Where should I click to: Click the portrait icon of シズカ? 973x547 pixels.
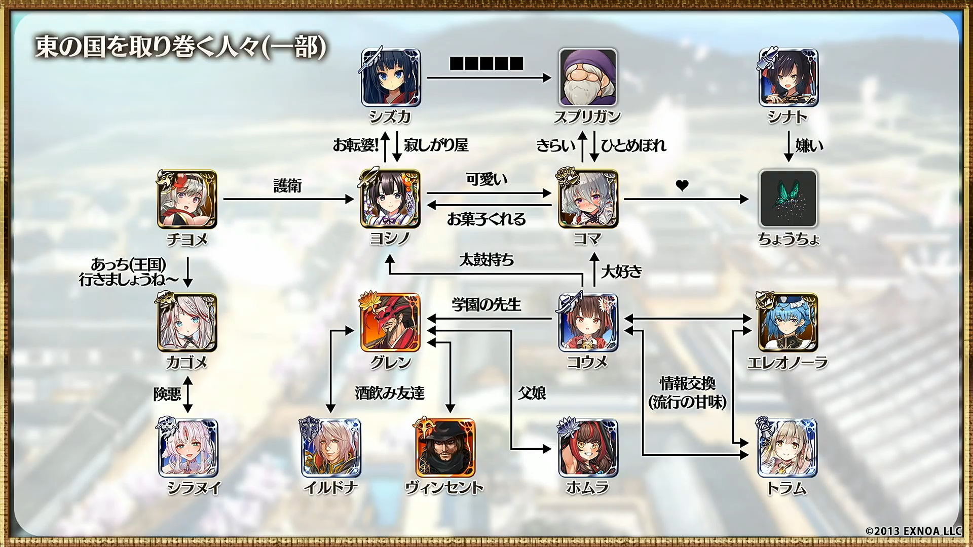tap(391, 77)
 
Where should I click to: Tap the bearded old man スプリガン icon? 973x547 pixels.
tap(587, 77)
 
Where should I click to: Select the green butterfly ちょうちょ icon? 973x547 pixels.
tap(788, 199)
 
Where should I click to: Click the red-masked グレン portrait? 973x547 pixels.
tap(390, 322)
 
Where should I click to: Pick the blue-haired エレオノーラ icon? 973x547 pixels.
tap(788, 322)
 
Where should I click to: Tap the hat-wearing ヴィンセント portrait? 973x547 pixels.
tap(445, 448)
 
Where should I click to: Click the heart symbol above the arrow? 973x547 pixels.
tap(682, 185)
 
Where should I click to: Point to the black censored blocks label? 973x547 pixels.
tap(486, 63)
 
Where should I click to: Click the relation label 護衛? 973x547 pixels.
tap(287, 186)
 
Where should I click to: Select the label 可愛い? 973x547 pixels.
tap(486, 179)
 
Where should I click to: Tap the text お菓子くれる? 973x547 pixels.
tap(486, 219)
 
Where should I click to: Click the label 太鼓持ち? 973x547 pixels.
tap(486, 260)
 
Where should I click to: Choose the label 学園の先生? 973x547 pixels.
tap(486, 304)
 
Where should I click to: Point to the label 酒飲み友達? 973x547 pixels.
tap(390, 393)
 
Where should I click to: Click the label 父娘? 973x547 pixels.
tap(532, 393)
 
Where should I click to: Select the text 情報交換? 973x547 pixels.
tap(687, 383)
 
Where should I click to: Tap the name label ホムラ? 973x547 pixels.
tap(587, 487)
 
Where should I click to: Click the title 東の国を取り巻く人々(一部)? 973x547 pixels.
tap(180, 47)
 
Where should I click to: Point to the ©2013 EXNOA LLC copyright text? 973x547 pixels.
tap(913, 531)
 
